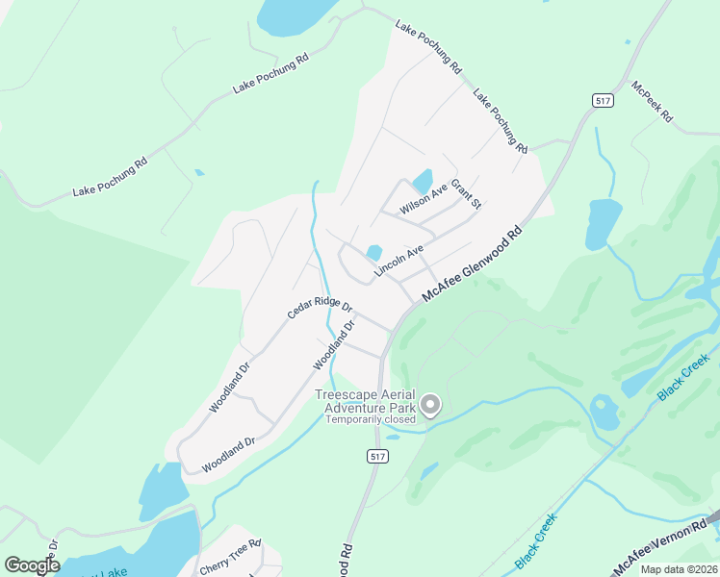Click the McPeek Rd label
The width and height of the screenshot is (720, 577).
(x=652, y=105)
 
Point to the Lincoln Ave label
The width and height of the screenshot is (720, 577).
(x=399, y=262)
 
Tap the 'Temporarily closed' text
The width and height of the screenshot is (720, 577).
(x=371, y=419)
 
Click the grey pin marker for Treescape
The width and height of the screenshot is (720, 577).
(x=430, y=406)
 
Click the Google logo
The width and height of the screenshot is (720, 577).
(x=32, y=564)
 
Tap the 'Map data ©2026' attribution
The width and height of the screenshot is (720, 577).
(x=678, y=569)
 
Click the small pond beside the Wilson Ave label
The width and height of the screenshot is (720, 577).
(x=422, y=180)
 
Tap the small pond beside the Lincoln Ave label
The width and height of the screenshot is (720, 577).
(x=373, y=252)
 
